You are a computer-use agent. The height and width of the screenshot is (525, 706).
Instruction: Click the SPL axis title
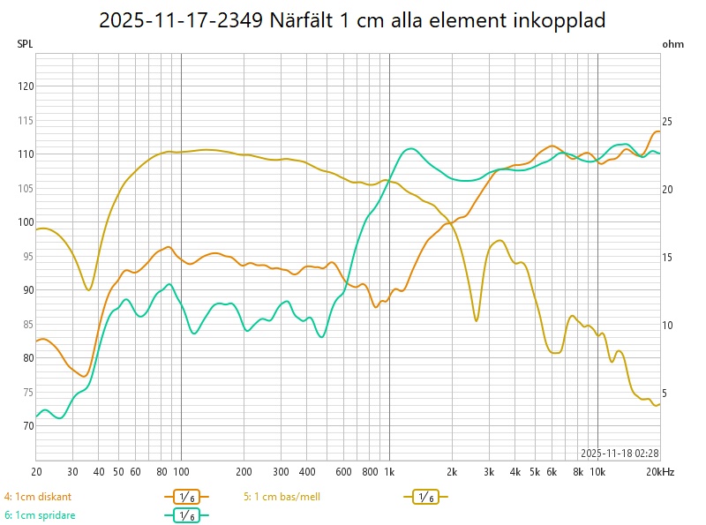point(24,43)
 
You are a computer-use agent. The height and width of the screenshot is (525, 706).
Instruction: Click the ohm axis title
point(672,43)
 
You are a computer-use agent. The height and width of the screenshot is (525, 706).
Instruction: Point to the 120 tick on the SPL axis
point(26,86)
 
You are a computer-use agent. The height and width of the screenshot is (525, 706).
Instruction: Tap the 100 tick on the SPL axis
point(26,222)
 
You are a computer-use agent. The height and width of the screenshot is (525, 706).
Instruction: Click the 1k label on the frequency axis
point(389,472)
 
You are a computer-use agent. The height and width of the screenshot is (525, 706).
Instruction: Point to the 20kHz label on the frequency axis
point(661,472)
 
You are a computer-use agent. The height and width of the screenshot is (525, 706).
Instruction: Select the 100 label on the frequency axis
point(181,472)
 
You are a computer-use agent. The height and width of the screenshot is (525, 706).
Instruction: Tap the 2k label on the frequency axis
point(452,472)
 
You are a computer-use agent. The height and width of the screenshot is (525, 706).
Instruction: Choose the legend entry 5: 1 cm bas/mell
point(282,497)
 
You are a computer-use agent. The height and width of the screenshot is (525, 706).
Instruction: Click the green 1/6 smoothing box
point(186,515)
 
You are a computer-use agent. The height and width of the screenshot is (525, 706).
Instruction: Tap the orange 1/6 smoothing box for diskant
point(186,498)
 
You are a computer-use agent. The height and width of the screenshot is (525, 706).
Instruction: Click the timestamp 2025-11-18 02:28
point(620,453)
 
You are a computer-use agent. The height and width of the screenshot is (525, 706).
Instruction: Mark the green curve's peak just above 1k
point(409,148)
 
